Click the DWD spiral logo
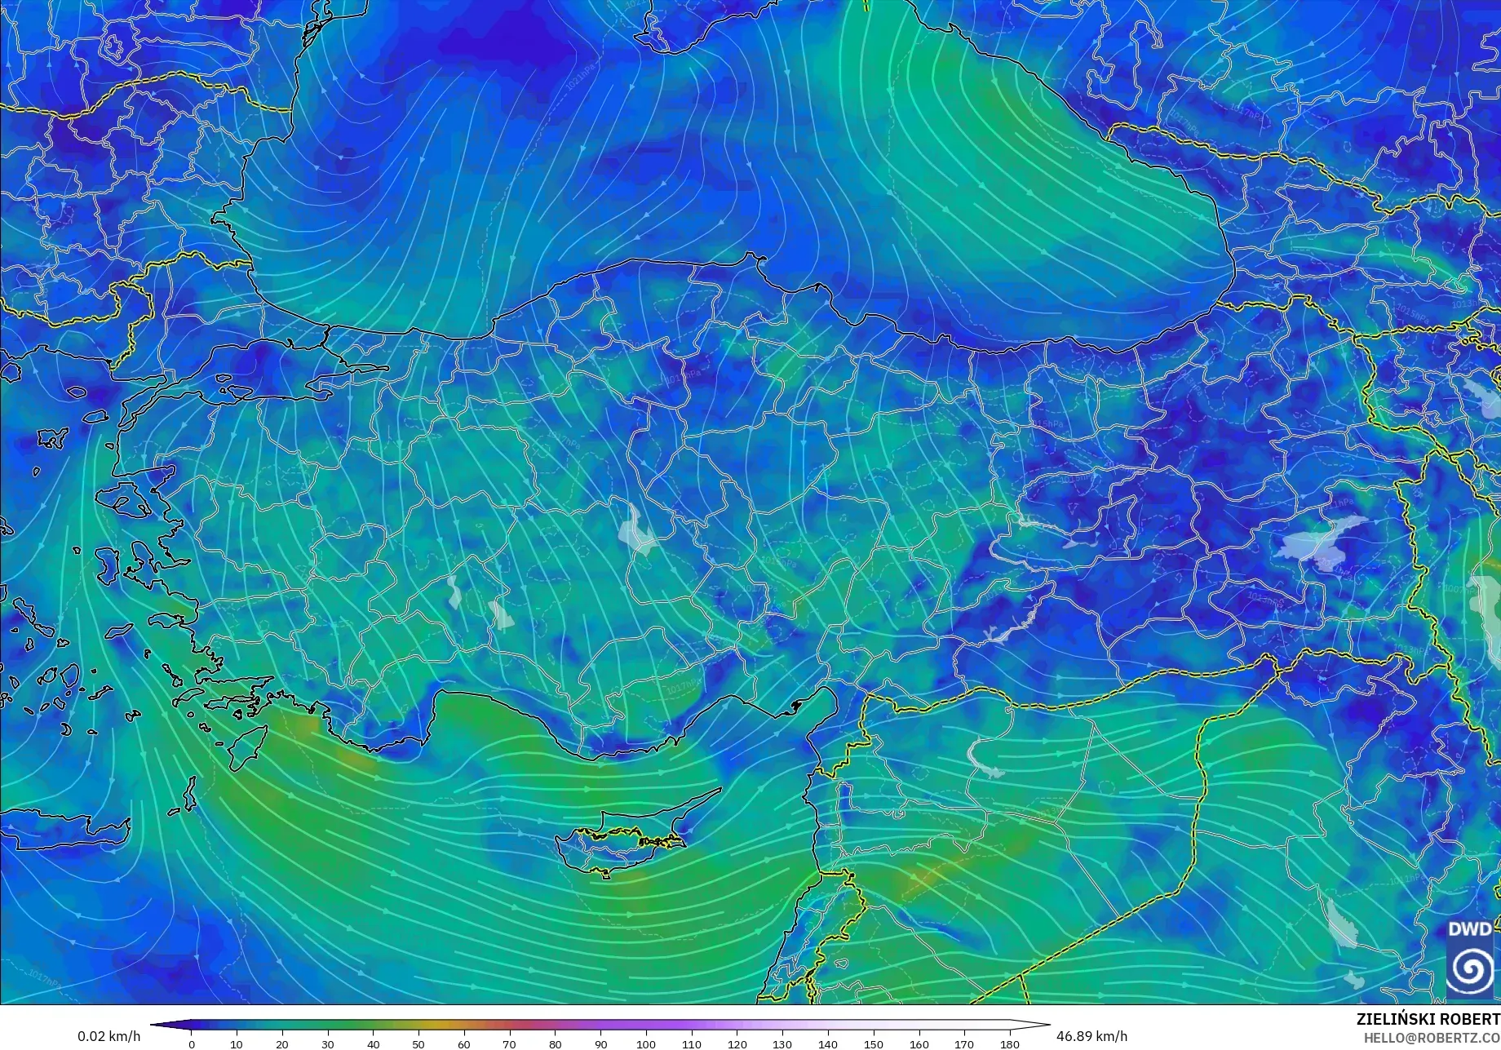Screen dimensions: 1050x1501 tap(1469, 970)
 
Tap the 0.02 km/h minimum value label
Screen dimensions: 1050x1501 tap(109, 1036)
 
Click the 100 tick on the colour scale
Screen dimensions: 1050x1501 tap(646, 1043)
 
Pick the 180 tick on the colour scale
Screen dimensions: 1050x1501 tap(1010, 1043)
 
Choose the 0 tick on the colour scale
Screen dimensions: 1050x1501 tap(192, 1043)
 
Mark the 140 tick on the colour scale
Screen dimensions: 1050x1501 tap(828, 1043)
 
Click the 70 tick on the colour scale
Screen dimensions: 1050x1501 tap(510, 1043)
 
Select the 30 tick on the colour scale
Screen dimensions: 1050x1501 tap(328, 1043)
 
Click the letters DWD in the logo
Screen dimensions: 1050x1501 tap(1469, 929)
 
